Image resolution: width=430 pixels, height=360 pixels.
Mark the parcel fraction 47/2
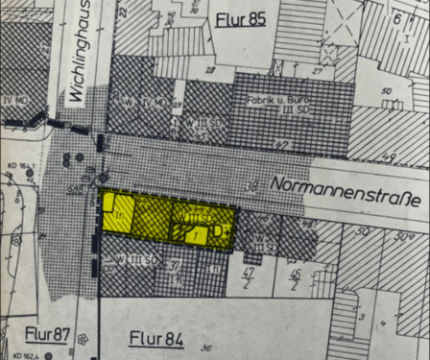248,276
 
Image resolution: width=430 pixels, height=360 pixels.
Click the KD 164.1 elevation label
18,166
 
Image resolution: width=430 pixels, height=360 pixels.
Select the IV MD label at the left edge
15,98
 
